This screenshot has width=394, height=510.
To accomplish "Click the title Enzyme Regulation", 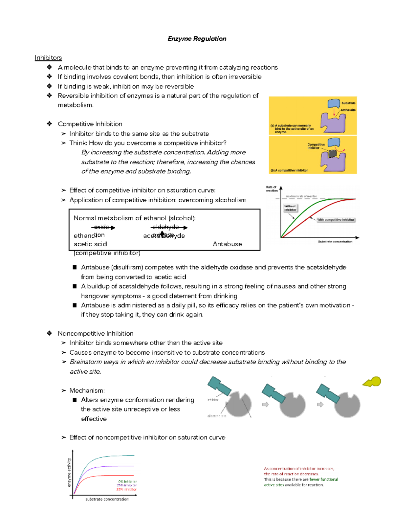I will tap(197, 39).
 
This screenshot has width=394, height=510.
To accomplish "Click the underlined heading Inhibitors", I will tap(48, 58).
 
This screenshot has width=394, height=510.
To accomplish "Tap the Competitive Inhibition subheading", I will tap(90, 124).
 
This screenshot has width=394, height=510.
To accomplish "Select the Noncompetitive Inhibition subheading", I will tap(96, 333).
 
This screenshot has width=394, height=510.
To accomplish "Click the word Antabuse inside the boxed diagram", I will tap(227, 244).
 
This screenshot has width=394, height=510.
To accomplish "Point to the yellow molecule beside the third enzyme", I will tap(373, 382).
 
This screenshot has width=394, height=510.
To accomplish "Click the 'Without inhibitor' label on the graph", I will tap(290, 208).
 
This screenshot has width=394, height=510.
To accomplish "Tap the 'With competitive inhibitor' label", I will tap(336, 220).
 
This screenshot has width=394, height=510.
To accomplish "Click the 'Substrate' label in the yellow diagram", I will tap(348, 103).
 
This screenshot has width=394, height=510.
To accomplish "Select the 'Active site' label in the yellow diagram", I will tap(348, 110).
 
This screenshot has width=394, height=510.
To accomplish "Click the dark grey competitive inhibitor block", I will tap(333, 153).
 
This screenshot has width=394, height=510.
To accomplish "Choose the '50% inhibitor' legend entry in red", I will tap(126, 489).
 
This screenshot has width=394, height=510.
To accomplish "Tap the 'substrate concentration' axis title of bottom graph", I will tap(107, 499).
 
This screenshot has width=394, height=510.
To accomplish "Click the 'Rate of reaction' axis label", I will tap(272, 189).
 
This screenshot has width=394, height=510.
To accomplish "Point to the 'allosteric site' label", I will tap(217, 416).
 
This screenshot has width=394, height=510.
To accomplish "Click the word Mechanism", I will tap(87, 390).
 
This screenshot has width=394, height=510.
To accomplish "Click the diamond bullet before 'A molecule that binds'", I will tap(49, 67).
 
